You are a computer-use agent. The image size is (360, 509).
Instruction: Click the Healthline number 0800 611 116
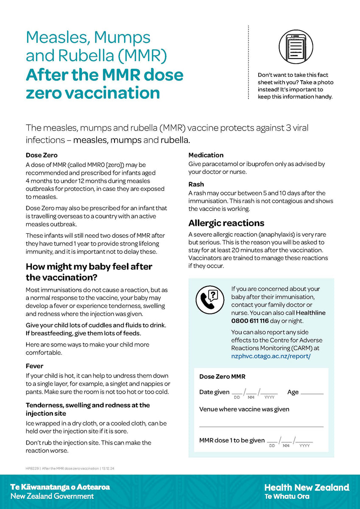250,321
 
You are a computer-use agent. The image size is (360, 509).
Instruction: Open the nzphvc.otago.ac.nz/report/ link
271,356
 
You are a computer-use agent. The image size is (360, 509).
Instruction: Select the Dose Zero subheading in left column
42,155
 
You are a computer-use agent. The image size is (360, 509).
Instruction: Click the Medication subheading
206,155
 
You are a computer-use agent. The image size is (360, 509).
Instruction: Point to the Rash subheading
196,185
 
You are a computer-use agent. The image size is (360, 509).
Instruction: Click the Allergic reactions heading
226,223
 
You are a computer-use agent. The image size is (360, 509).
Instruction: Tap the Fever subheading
34,366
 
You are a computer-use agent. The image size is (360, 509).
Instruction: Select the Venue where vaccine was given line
261,425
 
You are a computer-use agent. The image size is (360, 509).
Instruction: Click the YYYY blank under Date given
270,393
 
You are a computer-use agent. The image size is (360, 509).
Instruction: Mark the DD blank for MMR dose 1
272,441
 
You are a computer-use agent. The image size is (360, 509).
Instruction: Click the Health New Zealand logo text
307,487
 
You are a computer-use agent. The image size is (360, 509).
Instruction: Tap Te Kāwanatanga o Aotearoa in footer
60,487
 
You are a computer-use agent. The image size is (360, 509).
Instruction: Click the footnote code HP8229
32,468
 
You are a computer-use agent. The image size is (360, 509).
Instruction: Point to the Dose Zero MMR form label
222,377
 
